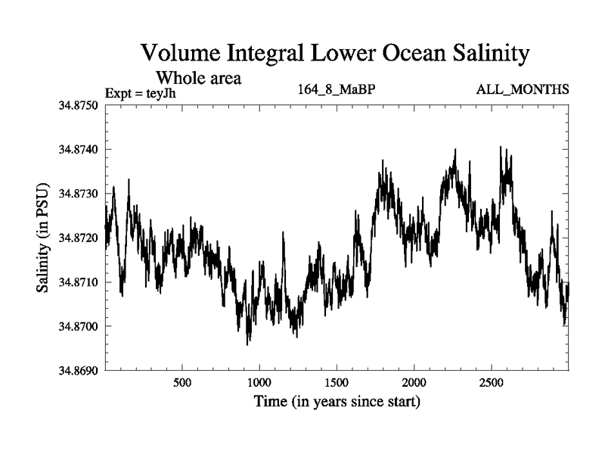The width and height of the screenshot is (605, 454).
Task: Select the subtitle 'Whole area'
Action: click(x=198, y=77)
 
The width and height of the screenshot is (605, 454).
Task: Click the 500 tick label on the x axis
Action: click(x=182, y=383)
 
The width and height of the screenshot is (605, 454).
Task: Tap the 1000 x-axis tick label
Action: click(x=259, y=383)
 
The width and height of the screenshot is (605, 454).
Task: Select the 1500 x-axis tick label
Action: click(x=337, y=383)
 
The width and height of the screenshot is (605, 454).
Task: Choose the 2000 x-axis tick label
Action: click(x=414, y=383)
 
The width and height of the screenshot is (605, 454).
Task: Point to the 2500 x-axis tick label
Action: click(x=492, y=383)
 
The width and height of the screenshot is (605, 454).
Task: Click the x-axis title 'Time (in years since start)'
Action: click(x=337, y=402)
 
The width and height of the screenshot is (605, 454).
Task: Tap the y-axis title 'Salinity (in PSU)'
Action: click(x=42, y=238)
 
